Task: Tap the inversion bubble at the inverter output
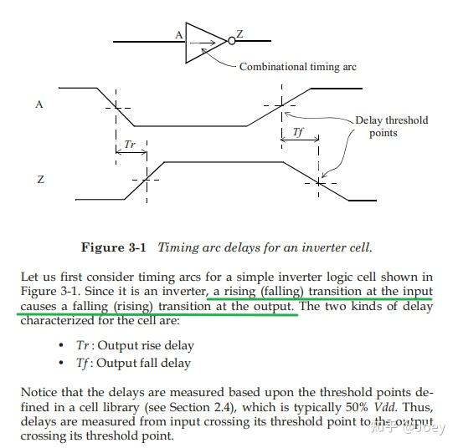click(x=231, y=39)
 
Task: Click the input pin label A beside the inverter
click(x=178, y=34)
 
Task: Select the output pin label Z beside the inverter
click(x=240, y=34)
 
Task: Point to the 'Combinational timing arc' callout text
click(x=298, y=67)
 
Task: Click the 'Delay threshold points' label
click(x=391, y=126)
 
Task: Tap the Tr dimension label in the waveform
click(x=130, y=144)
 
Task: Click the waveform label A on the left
click(x=39, y=104)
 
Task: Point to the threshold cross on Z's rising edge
click(x=147, y=180)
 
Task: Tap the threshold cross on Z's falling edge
click(x=320, y=180)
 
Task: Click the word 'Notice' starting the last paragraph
click(x=39, y=390)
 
